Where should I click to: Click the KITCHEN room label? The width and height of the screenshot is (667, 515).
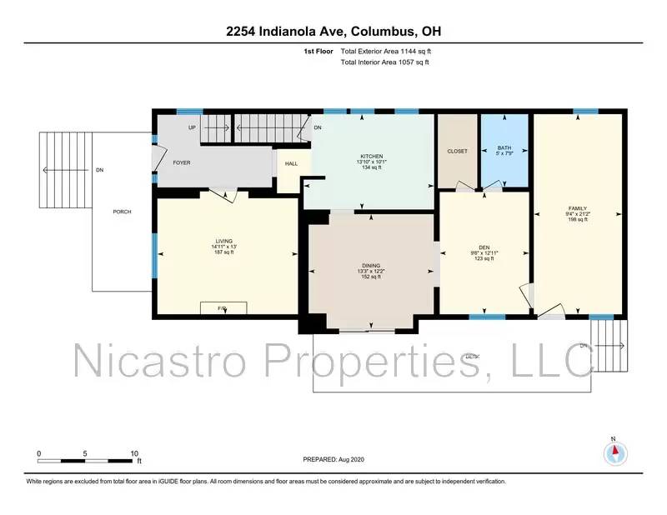tap(371, 156)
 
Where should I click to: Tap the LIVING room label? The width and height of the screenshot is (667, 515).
tap(223, 241)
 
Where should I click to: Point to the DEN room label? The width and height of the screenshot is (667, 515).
tap(484, 247)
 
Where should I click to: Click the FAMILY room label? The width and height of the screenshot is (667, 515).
tap(578, 208)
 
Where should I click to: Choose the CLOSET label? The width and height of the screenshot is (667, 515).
tap(458, 151)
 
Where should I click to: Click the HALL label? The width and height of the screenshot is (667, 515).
tap(291, 164)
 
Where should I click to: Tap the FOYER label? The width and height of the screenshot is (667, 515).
tap(183, 162)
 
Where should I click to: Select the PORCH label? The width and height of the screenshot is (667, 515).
tap(123, 212)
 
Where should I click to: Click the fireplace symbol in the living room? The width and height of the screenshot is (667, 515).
tap(223, 308)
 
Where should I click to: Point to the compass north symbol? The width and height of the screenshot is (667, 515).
tap(614, 452)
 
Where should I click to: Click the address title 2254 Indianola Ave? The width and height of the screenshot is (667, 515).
tap(333, 32)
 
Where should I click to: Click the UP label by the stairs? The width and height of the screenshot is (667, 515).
tap(192, 127)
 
